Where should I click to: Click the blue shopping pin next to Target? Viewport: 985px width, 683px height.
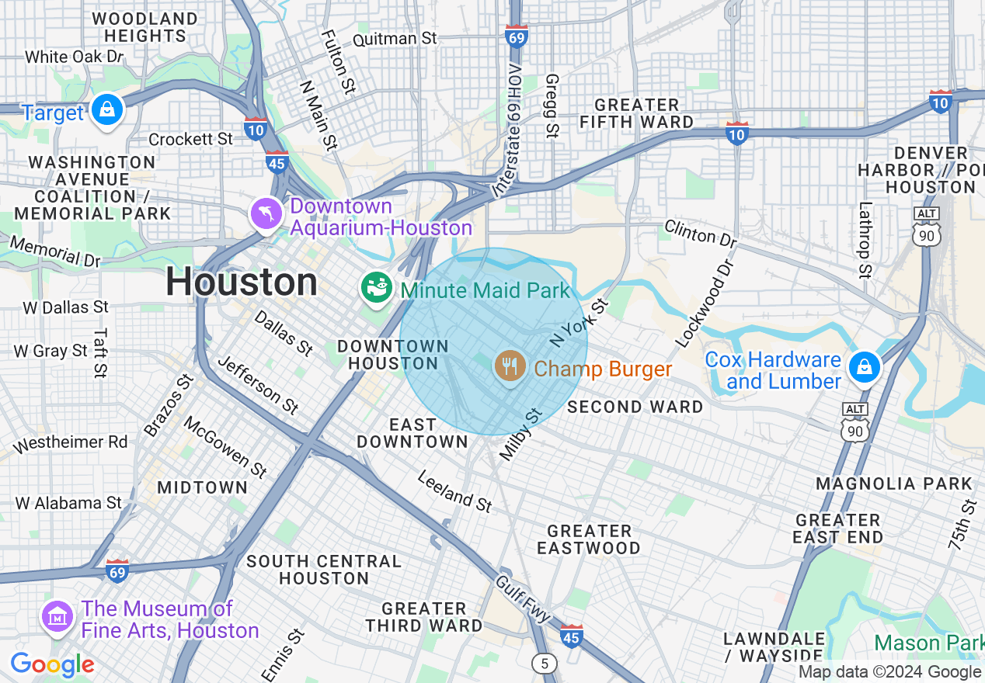tap(107, 110)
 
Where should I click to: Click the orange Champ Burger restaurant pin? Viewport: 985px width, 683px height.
tap(510, 365)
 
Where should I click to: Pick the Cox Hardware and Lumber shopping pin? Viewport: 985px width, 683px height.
tap(863, 368)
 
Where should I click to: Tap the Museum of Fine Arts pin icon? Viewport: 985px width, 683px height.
tap(57, 617)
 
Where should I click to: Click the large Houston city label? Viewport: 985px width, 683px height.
tap(242, 283)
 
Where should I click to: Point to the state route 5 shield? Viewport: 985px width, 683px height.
tap(545, 663)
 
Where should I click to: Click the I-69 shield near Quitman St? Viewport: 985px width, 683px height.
tap(517, 36)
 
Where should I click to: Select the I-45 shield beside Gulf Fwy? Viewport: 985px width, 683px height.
tap(571, 636)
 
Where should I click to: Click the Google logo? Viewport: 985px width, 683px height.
tap(52, 664)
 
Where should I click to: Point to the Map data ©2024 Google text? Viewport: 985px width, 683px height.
tap(890, 672)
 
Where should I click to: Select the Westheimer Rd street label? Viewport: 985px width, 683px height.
tap(70, 443)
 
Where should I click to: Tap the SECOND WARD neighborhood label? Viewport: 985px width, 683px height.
tap(635, 407)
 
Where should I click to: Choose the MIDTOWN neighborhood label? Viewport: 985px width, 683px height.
tap(202, 487)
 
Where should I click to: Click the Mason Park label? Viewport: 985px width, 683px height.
tap(928, 643)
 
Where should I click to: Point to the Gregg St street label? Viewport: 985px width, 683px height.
tap(552, 106)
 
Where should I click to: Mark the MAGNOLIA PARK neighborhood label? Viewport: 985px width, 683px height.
tap(893, 484)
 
